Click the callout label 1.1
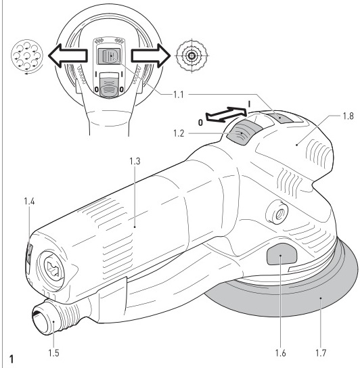(x=179, y=95)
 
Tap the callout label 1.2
(x=179, y=133)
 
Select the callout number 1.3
(x=135, y=161)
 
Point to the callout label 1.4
(x=29, y=202)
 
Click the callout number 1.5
(x=53, y=353)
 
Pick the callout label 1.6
(x=281, y=353)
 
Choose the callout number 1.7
(x=321, y=353)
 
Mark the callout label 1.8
(x=348, y=116)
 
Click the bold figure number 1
(x=12, y=359)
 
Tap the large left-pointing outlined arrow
(x=68, y=55)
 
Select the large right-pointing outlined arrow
(x=151, y=55)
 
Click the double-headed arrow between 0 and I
(x=227, y=114)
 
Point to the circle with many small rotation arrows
(x=27, y=55)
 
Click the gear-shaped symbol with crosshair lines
(x=192, y=56)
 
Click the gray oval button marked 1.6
(x=282, y=254)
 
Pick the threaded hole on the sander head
(x=277, y=212)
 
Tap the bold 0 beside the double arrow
(x=200, y=122)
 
